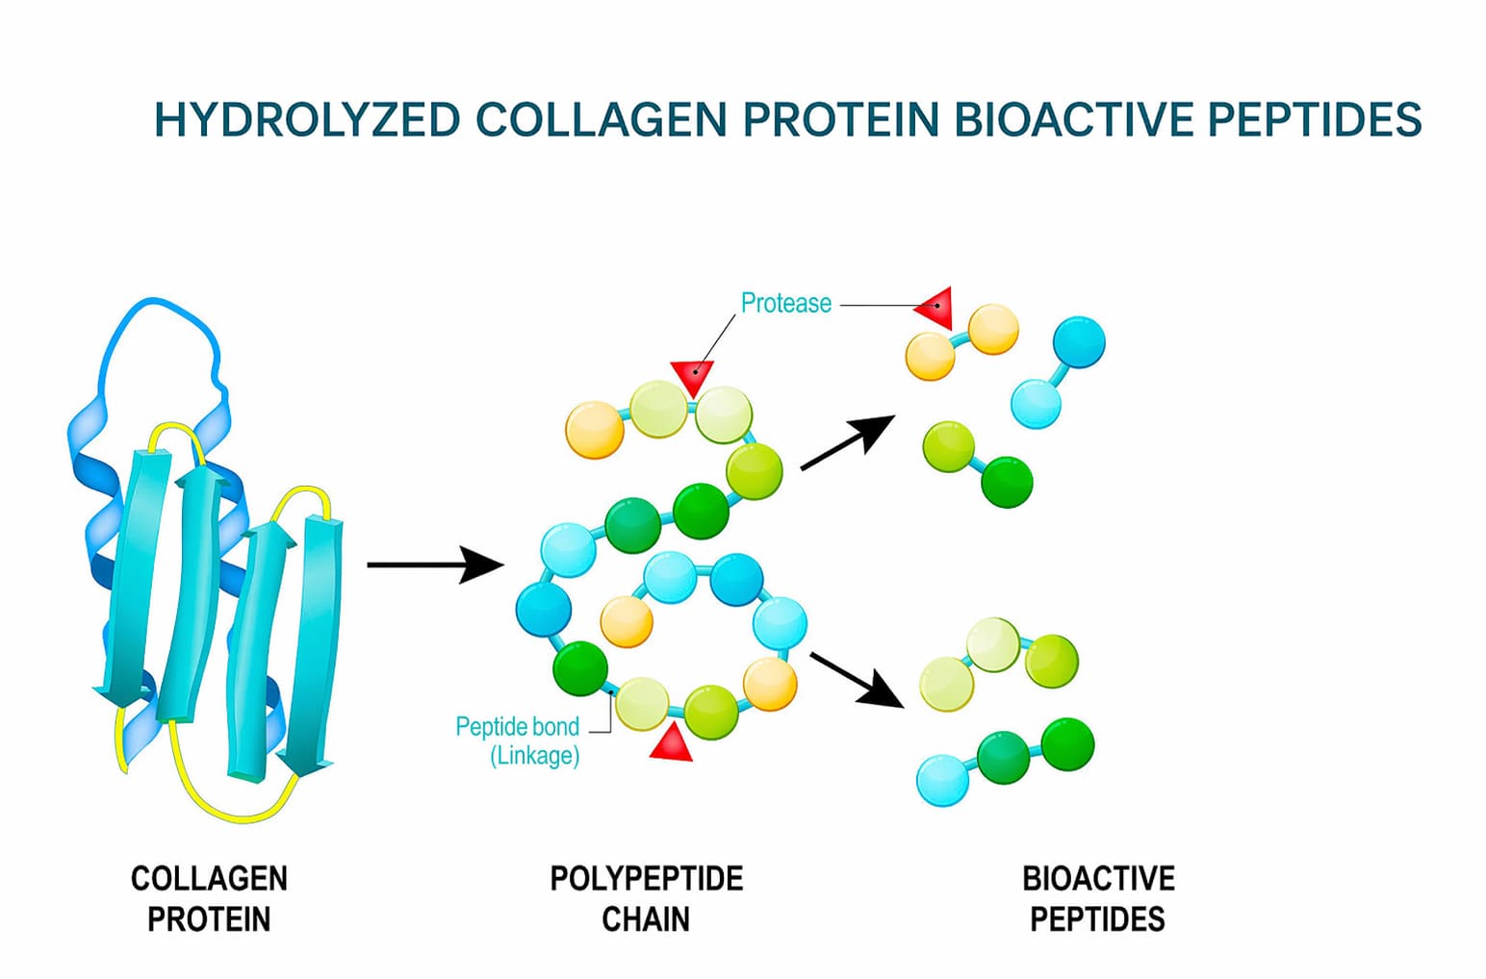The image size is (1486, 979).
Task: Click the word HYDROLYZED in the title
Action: click(307, 120)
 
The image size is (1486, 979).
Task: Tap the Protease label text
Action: click(785, 303)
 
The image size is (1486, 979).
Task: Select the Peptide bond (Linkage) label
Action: click(518, 741)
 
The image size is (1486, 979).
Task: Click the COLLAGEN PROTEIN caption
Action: click(209, 898)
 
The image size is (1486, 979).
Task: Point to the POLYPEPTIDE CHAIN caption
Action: click(646, 898)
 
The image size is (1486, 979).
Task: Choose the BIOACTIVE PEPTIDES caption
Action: click(1097, 898)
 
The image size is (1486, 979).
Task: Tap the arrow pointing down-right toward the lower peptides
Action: click(857, 679)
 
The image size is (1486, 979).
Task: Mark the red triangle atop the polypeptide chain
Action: click(692, 375)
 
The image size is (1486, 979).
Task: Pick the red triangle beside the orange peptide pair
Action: click(935, 307)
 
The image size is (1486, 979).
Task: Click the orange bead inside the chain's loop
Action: click(627, 620)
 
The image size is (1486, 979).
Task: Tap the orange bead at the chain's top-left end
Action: click(595, 429)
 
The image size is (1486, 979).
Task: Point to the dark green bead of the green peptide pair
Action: click(1007, 481)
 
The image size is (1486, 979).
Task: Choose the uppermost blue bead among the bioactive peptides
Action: click(1079, 341)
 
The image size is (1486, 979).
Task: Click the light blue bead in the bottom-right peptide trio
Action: click(943, 780)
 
